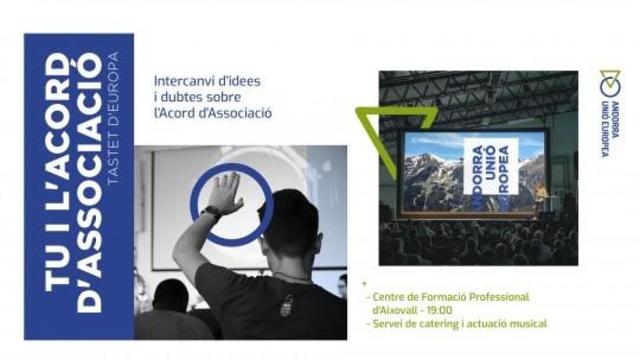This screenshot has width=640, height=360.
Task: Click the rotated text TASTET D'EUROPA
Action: [114, 118]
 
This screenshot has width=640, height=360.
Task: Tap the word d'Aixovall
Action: [395, 310]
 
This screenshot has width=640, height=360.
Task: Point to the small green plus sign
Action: [364, 284]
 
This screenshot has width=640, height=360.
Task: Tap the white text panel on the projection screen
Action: [491, 166]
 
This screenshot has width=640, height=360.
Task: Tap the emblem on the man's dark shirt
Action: [285, 306]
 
